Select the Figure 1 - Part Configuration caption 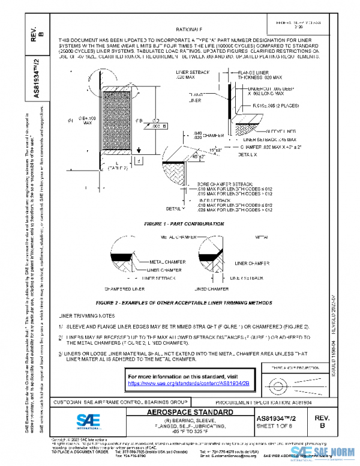[x=175, y=223]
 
